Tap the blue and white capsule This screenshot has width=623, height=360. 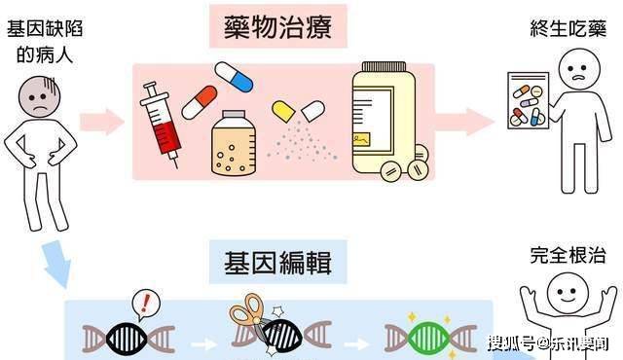coord(234,75)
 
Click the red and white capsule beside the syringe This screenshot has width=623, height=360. coord(200,100)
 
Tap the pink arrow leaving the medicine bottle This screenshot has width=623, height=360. coord(464,122)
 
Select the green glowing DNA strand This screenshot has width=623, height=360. coord(416,336)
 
